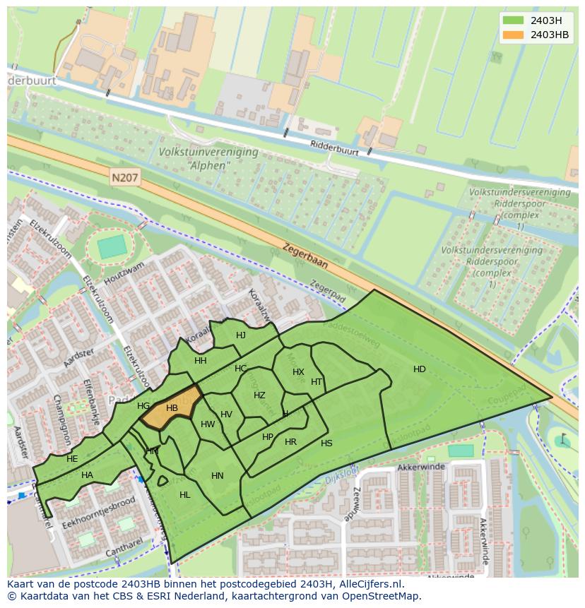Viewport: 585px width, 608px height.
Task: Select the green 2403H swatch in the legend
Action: coord(514,20)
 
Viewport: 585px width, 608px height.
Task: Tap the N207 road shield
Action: coord(124,178)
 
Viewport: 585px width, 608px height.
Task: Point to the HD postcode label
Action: coord(420,369)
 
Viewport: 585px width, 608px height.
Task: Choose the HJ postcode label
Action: coord(241,335)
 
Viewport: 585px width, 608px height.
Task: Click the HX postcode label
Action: coord(298,372)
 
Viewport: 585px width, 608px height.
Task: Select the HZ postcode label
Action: coord(259,395)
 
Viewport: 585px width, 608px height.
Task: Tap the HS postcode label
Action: coord(326,443)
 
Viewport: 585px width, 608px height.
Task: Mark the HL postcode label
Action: coord(185,495)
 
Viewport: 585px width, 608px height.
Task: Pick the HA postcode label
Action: coord(87,475)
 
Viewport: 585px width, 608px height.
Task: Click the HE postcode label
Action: coord(72,459)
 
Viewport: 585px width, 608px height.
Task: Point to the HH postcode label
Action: coord(201,361)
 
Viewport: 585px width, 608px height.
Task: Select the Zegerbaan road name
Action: coord(305,256)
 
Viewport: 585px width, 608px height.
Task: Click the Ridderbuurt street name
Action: coord(334,147)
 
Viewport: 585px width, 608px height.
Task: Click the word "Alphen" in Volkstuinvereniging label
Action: coord(209,166)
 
